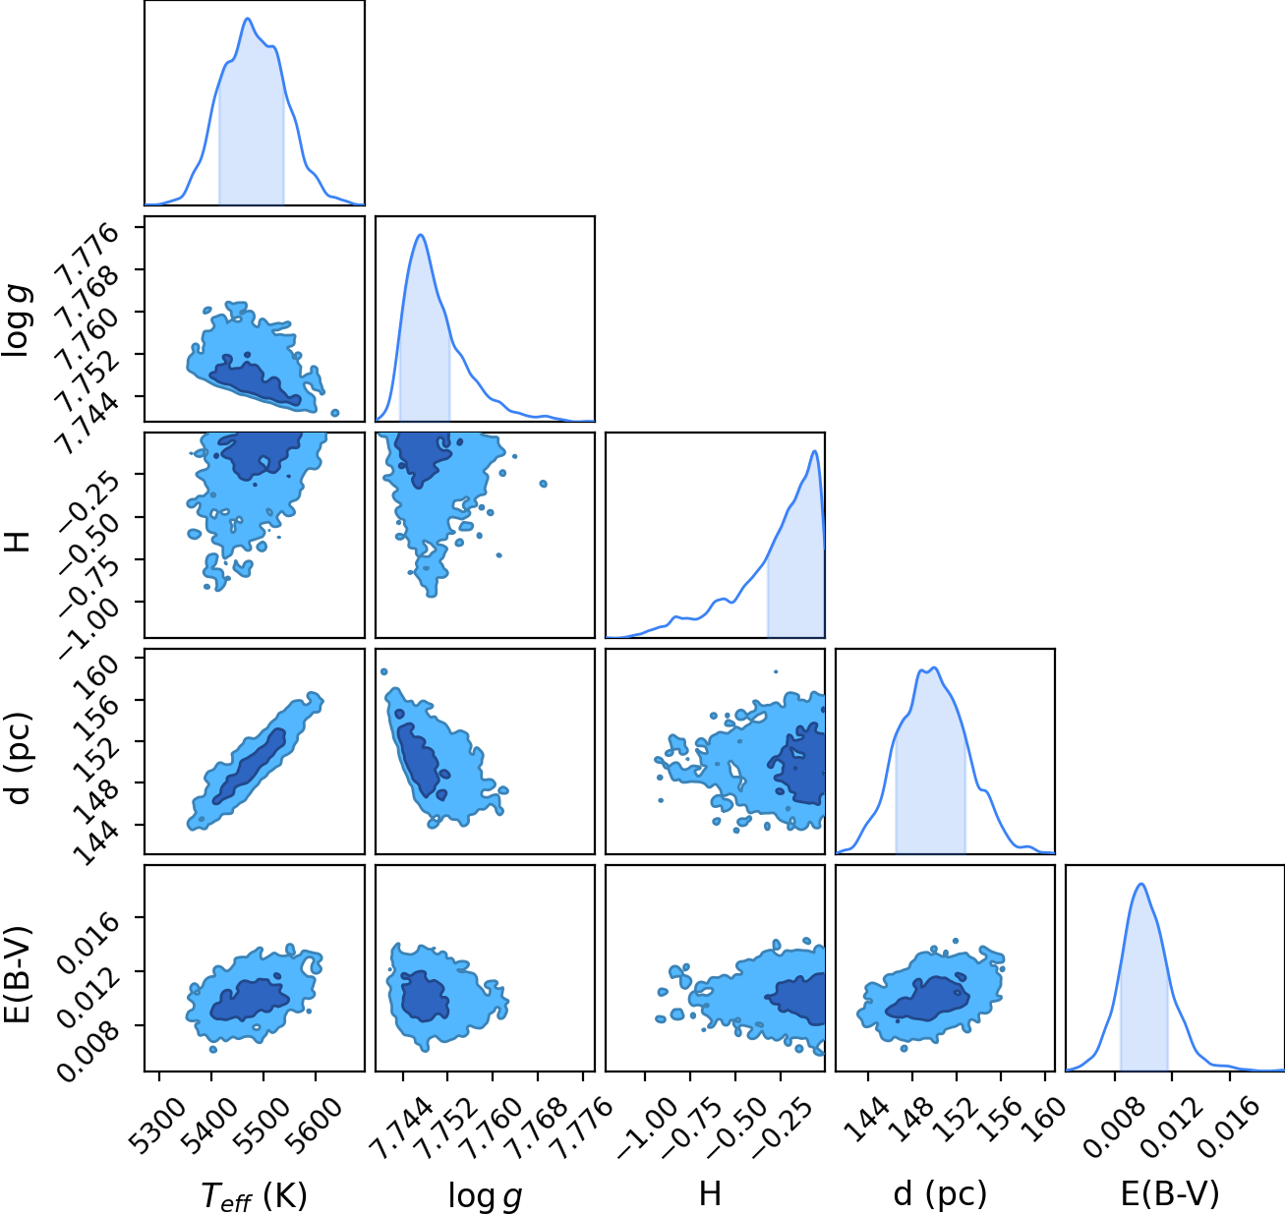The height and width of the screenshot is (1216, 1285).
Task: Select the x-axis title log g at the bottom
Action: click(485, 1196)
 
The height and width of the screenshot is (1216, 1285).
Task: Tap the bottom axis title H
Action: click(710, 1193)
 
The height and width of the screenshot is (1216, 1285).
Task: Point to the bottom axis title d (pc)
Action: click(940, 1194)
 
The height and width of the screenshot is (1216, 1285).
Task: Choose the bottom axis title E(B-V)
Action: click(1170, 1193)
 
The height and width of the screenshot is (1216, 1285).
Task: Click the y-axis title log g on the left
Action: click(18, 320)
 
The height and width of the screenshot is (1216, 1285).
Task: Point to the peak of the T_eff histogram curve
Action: click(248, 18)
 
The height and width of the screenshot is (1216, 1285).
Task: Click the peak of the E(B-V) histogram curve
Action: click(1141, 884)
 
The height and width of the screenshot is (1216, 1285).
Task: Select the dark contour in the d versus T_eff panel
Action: click(250, 766)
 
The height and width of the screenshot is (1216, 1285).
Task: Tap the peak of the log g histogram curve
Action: click(421, 235)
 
